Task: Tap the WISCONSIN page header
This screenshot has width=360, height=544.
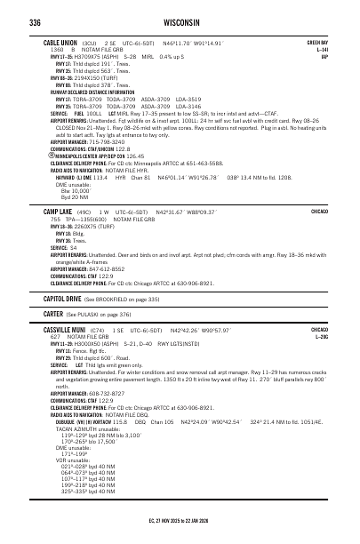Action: [x=180, y=22]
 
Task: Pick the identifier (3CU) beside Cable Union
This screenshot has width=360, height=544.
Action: [x=89, y=42]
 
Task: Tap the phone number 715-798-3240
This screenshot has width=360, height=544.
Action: [x=107, y=140]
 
